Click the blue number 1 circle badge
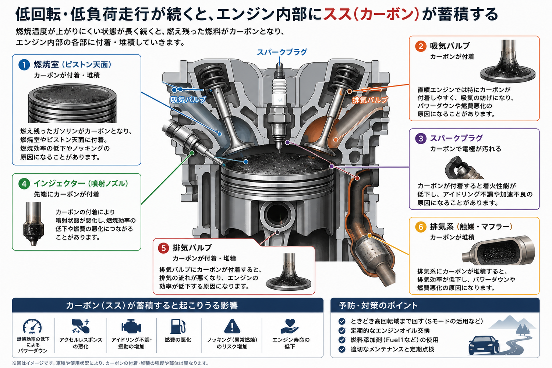[x=24, y=64]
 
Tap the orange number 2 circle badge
[x=421, y=46]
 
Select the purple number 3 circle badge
[x=421, y=138]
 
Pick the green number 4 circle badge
[x=24, y=184]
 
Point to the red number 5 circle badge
[x=163, y=248]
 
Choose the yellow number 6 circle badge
[x=421, y=227]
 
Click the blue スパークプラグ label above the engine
[x=282, y=52]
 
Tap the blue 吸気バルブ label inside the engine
[x=188, y=100]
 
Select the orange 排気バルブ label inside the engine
[x=370, y=100]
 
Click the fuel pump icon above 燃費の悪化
[x=178, y=326]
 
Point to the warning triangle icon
[x=232, y=326]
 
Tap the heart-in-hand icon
[x=290, y=326]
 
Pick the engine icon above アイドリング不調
[x=131, y=326]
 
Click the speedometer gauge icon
[x=32, y=326]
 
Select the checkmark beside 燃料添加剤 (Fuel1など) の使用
[x=342, y=340]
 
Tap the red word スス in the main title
[x=337, y=14]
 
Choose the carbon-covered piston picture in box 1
[x=72, y=103]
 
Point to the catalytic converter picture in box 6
[x=498, y=250]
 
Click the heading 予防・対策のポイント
[x=378, y=306]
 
